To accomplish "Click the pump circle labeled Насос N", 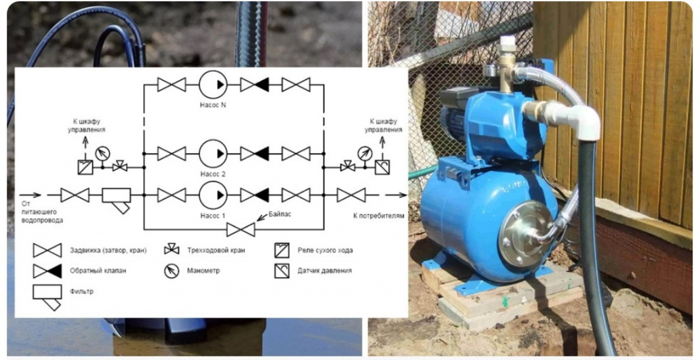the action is [213, 84].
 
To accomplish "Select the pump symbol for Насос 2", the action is [213, 153].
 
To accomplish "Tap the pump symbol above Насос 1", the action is [213, 195].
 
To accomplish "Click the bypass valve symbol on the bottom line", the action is [241, 229].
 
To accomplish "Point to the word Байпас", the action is [280, 214].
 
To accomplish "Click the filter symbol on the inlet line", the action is [117, 200].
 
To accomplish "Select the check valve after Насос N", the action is [255, 84].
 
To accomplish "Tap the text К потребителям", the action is [378, 216].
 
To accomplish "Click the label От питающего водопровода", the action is [42, 212].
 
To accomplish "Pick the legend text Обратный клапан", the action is [98, 271].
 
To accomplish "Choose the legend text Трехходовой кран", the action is [216, 250].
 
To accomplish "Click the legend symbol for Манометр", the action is [171, 271].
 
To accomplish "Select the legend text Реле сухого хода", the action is [325, 250].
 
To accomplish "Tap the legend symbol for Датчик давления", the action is [281, 271].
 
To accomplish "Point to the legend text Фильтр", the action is [81, 292].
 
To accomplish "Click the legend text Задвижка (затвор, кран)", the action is [108, 250].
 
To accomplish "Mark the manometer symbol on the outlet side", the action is [365, 153].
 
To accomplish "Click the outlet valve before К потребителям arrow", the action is [351, 195].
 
